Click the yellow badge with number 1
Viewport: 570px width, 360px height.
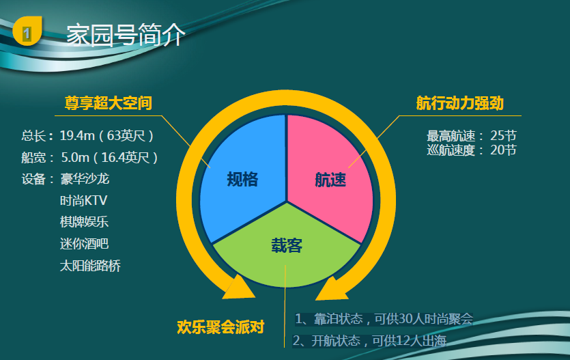tap(27, 31)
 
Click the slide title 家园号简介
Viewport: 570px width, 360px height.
tap(126, 36)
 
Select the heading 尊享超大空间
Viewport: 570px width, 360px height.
tap(109, 103)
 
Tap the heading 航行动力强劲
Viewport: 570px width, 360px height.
tap(460, 103)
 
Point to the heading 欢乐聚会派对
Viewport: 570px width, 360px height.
tap(220, 327)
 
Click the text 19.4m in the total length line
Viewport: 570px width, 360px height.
tap(77, 136)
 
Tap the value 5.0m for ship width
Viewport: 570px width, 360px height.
tap(75, 157)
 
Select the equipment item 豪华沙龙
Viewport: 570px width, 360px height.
tap(85, 179)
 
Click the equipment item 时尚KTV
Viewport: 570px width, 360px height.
tap(83, 200)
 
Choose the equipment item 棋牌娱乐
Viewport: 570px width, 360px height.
tap(85, 222)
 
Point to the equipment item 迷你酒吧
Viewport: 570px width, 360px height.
tap(85, 244)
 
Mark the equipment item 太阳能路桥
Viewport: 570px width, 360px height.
tap(90, 266)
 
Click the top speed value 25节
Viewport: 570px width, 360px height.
tap(503, 136)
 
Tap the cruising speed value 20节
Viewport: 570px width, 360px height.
tap(503, 150)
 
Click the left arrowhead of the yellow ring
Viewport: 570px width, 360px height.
tap(239, 288)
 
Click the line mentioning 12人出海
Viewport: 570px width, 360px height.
tap(370, 341)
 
